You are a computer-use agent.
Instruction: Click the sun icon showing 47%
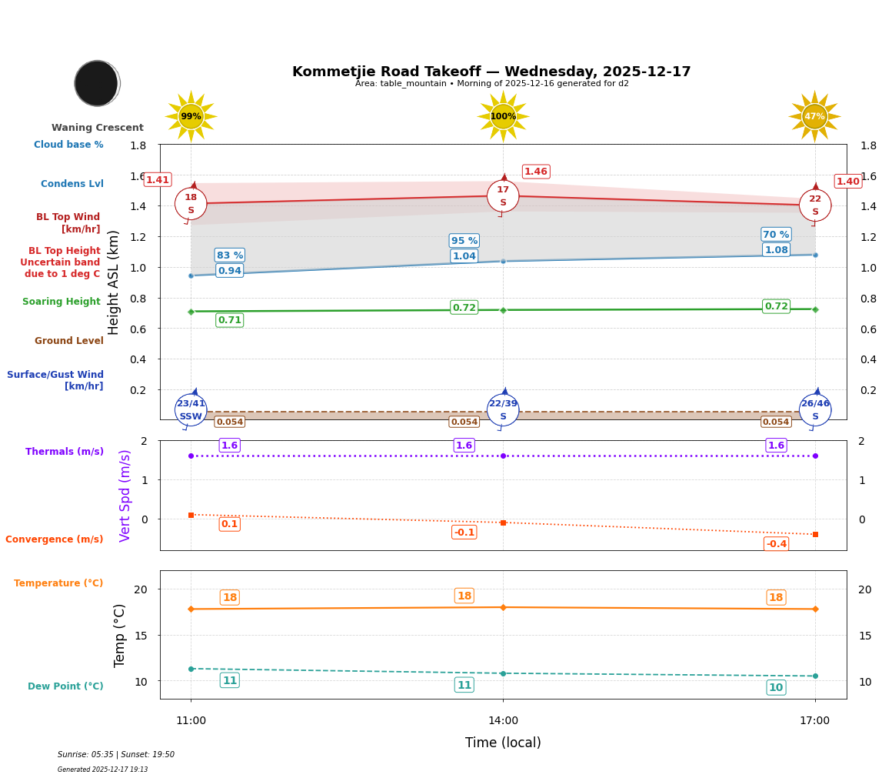coord(814,116)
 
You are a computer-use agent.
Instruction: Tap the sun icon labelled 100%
coord(503,116)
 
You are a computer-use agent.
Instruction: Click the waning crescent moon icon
coord(97,83)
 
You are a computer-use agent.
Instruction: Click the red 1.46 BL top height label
coord(536,172)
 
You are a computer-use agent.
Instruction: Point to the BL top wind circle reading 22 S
coord(815,205)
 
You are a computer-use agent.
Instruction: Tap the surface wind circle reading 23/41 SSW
coord(191,410)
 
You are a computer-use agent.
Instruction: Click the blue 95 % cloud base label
coord(464,241)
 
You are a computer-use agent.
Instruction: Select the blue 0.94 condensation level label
coord(229,271)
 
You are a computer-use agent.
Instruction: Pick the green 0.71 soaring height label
coord(229,320)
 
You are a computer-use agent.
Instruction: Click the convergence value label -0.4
coord(776,544)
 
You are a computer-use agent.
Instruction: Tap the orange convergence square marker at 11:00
coord(191,515)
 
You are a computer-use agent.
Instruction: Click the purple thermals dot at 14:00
coord(503,456)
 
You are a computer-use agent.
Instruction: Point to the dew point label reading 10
coord(776,688)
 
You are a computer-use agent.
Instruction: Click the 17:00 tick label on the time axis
coord(814,721)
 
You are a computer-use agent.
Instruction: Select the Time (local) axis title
coord(503,743)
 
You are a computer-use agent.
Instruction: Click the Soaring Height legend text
coord(62,302)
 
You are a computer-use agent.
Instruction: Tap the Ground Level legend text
coord(69,341)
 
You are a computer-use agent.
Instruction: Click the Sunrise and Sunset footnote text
coord(116,755)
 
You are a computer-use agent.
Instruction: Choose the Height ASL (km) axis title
coord(114,282)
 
